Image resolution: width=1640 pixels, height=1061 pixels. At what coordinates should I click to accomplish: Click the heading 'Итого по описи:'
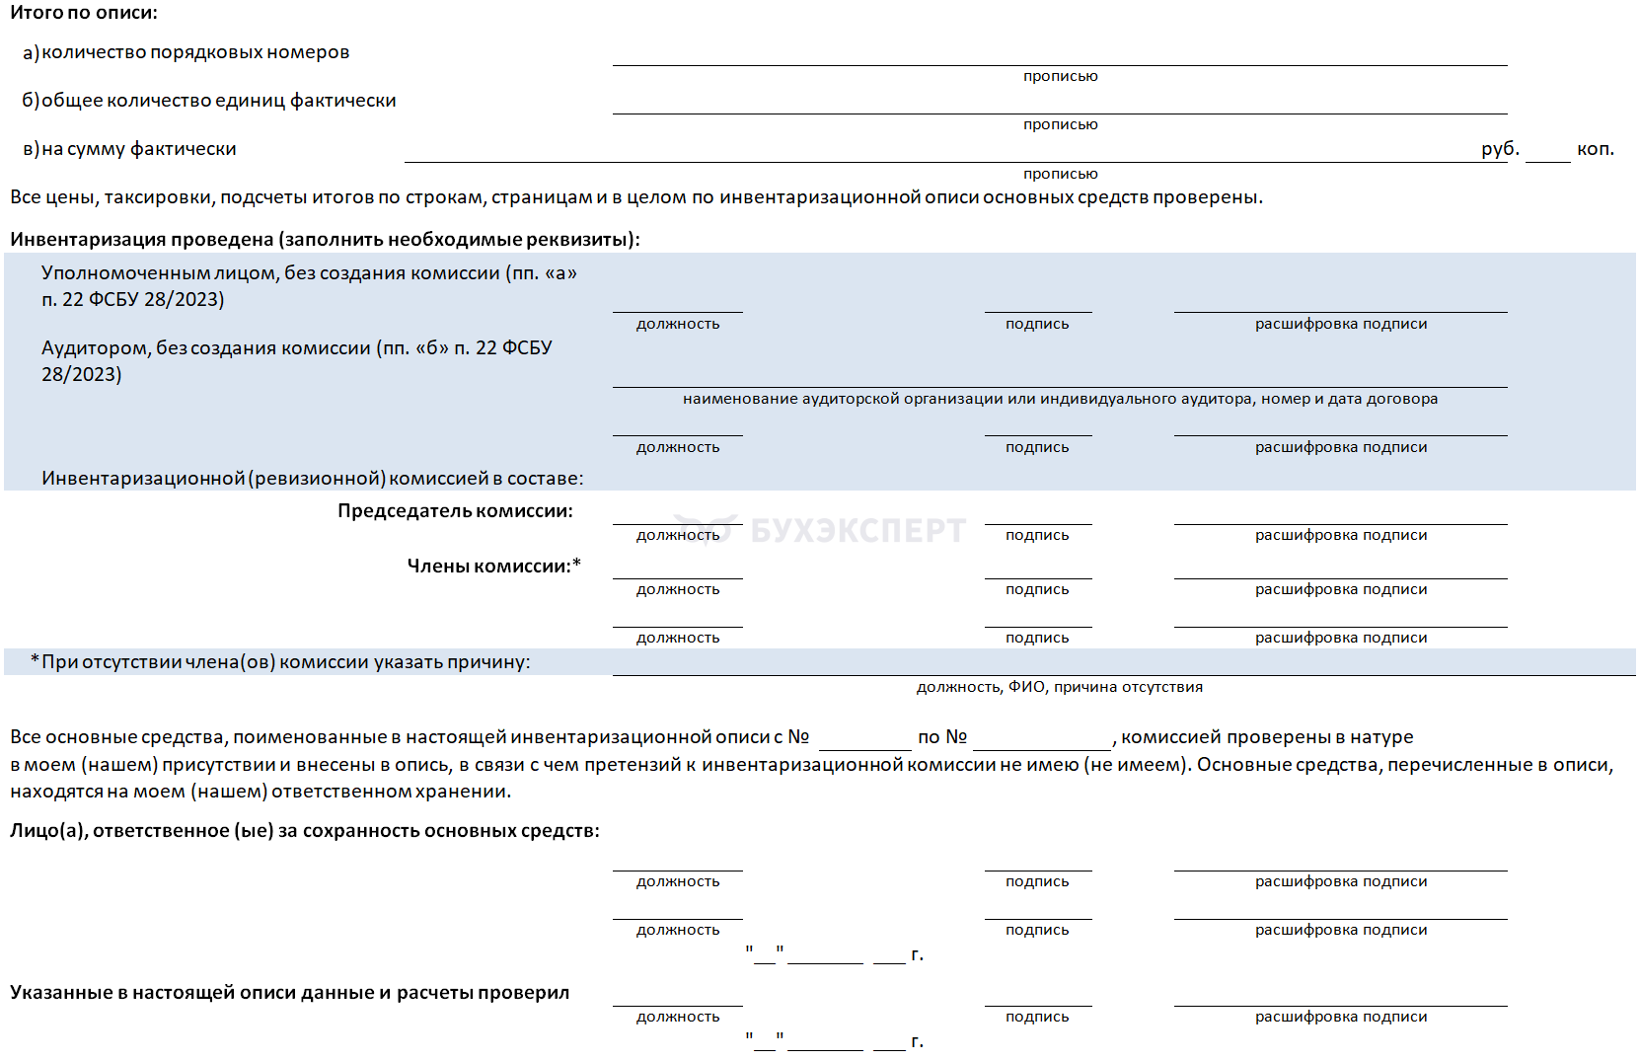coord(84,13)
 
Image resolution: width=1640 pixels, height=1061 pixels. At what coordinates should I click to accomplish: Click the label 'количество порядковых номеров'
coord(195,52)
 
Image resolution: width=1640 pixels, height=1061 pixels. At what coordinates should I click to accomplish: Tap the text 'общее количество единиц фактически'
coord(218,101)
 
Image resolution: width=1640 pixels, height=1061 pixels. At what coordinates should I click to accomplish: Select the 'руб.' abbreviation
coord(1499,149)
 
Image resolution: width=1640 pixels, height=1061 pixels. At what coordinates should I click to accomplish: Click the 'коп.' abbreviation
coord(1595,149)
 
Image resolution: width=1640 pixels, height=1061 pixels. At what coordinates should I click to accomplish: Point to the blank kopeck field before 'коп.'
coord(1547,152)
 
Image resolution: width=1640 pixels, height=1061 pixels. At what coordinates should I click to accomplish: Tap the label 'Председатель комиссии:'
coord(455,511)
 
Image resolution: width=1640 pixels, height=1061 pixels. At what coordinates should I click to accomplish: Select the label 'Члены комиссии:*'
coord(493,566)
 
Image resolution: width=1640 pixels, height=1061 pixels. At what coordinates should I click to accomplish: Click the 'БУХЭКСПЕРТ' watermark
coord(857,530)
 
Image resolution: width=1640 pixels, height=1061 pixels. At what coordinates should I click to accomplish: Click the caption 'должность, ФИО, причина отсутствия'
coord(1059,687)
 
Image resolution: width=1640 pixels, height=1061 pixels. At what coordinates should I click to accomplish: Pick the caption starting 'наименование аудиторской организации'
coord(1060,399)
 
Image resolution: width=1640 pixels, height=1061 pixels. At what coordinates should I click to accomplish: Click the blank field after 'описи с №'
coord(864,739)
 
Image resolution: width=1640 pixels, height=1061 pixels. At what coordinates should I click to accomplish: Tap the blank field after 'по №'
coord(1041,739)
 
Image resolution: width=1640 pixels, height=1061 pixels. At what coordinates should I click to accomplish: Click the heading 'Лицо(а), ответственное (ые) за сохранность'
coord(304,831)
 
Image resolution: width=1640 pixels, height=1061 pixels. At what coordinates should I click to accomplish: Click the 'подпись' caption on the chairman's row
coord(1037,535)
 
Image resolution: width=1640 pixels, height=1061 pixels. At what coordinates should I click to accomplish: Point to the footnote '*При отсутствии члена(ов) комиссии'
coord(280,662)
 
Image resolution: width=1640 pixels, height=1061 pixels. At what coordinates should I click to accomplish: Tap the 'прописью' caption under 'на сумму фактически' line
coord(1060,174)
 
